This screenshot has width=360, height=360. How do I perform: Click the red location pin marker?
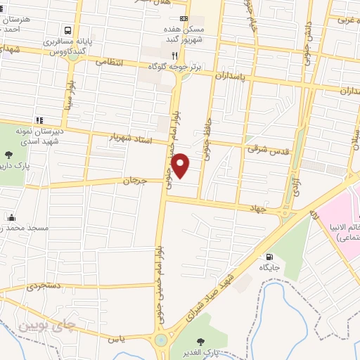181,165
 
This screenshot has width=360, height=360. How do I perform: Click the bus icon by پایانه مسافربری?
68,31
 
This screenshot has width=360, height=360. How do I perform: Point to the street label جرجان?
135,180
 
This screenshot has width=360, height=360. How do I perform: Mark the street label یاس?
116,339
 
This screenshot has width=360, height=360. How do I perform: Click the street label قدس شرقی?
263,149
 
